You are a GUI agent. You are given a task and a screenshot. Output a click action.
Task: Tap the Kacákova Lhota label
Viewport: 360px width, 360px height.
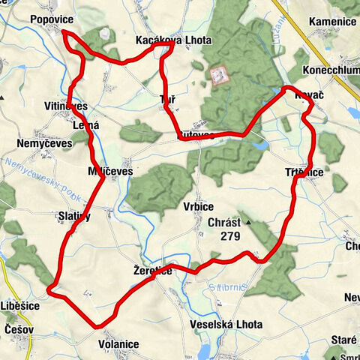point(173,40)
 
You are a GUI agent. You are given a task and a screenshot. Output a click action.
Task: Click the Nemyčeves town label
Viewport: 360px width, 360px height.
point(42,141)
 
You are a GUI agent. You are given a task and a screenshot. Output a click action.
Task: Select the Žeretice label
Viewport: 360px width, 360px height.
point(152,270)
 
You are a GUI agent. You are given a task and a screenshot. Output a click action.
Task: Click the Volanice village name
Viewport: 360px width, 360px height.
point(118,344)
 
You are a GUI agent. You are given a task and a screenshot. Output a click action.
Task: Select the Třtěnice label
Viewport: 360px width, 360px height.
point(304,172)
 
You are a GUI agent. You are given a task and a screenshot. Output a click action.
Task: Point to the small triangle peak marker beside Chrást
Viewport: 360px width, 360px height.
point(247,222)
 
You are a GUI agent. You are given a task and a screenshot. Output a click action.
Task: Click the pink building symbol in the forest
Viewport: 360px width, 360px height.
point(220,75)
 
